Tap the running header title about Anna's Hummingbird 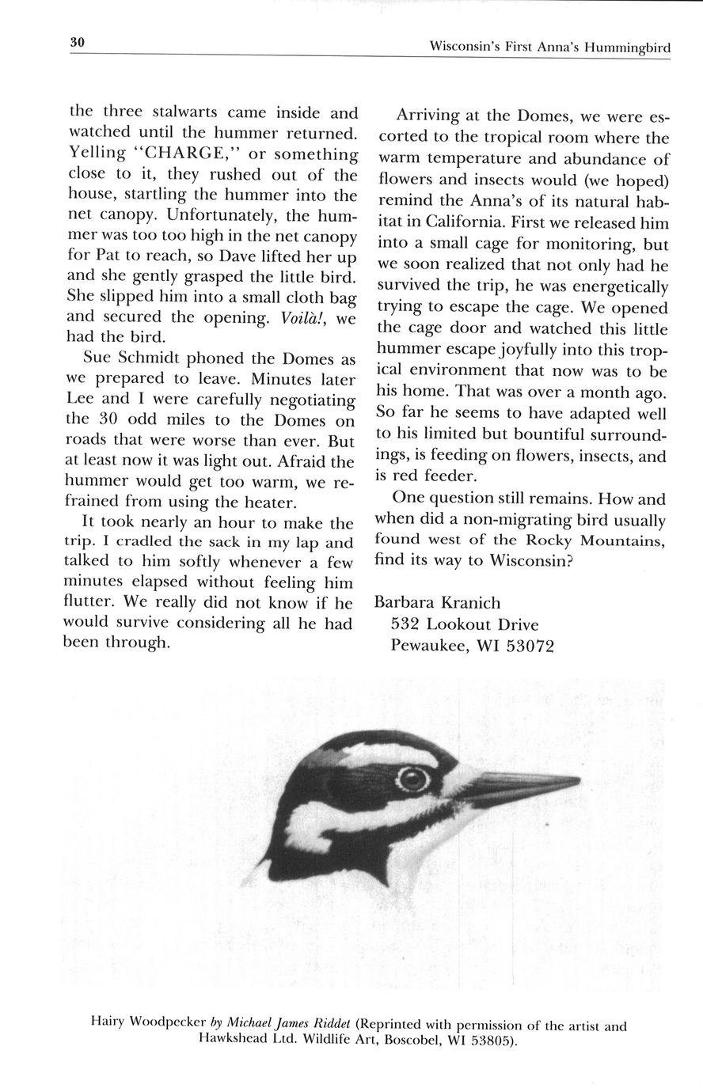pos(549,47)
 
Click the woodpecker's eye pos(412,779)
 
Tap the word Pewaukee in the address pos(430,646)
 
